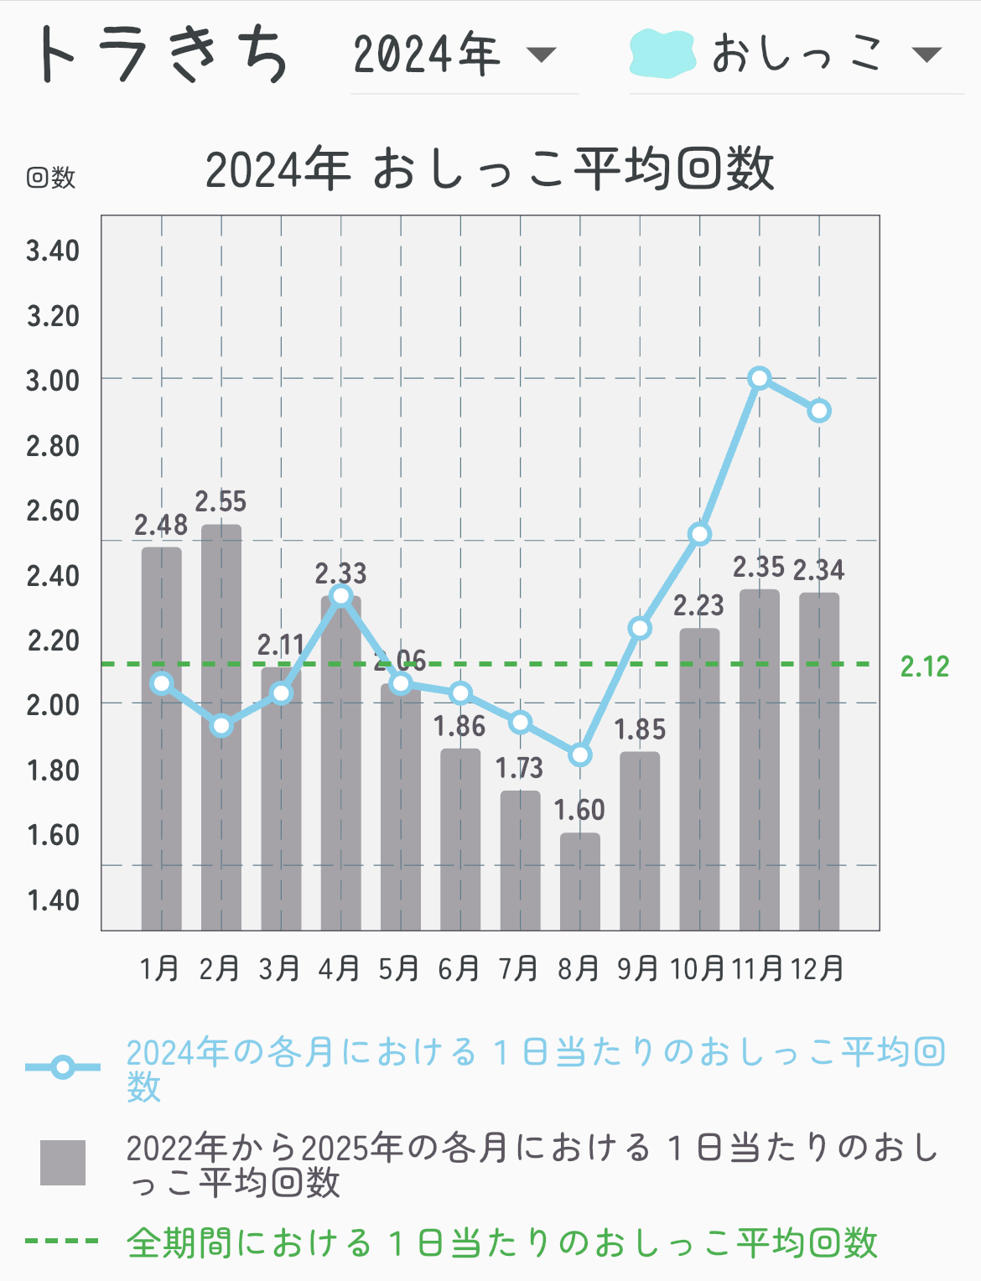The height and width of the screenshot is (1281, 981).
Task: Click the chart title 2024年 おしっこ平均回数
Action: [x=490, y=169]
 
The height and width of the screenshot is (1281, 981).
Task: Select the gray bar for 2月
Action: [x=221, y=729]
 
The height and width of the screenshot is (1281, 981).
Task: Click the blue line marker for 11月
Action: [x=760, y=378]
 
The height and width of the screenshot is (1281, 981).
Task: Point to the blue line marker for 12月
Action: [x=819, y=411]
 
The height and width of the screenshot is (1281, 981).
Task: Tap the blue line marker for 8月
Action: [x=580, y=755]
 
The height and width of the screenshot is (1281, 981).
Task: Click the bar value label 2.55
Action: [x=221, y=501]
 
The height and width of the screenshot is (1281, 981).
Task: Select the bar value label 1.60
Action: [x=579, y=810]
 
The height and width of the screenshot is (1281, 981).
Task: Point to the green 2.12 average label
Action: [x=925, y=666]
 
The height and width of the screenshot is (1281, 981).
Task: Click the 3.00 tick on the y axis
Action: [x=53, y=381]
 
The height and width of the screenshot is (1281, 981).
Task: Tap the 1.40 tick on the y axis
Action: [x=53, y=900]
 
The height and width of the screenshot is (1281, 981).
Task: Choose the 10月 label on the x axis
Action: [x=698, y=969]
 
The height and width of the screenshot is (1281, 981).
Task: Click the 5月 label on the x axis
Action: [x=399, y=969]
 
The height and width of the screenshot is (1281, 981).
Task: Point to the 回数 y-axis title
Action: [x=51, y=177]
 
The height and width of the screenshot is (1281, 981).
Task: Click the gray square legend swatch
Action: [x=63, y=1163]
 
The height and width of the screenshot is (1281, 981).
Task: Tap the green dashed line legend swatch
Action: [x=62, y=1241]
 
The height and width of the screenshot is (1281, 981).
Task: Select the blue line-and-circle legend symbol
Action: [x=63, y=1067]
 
